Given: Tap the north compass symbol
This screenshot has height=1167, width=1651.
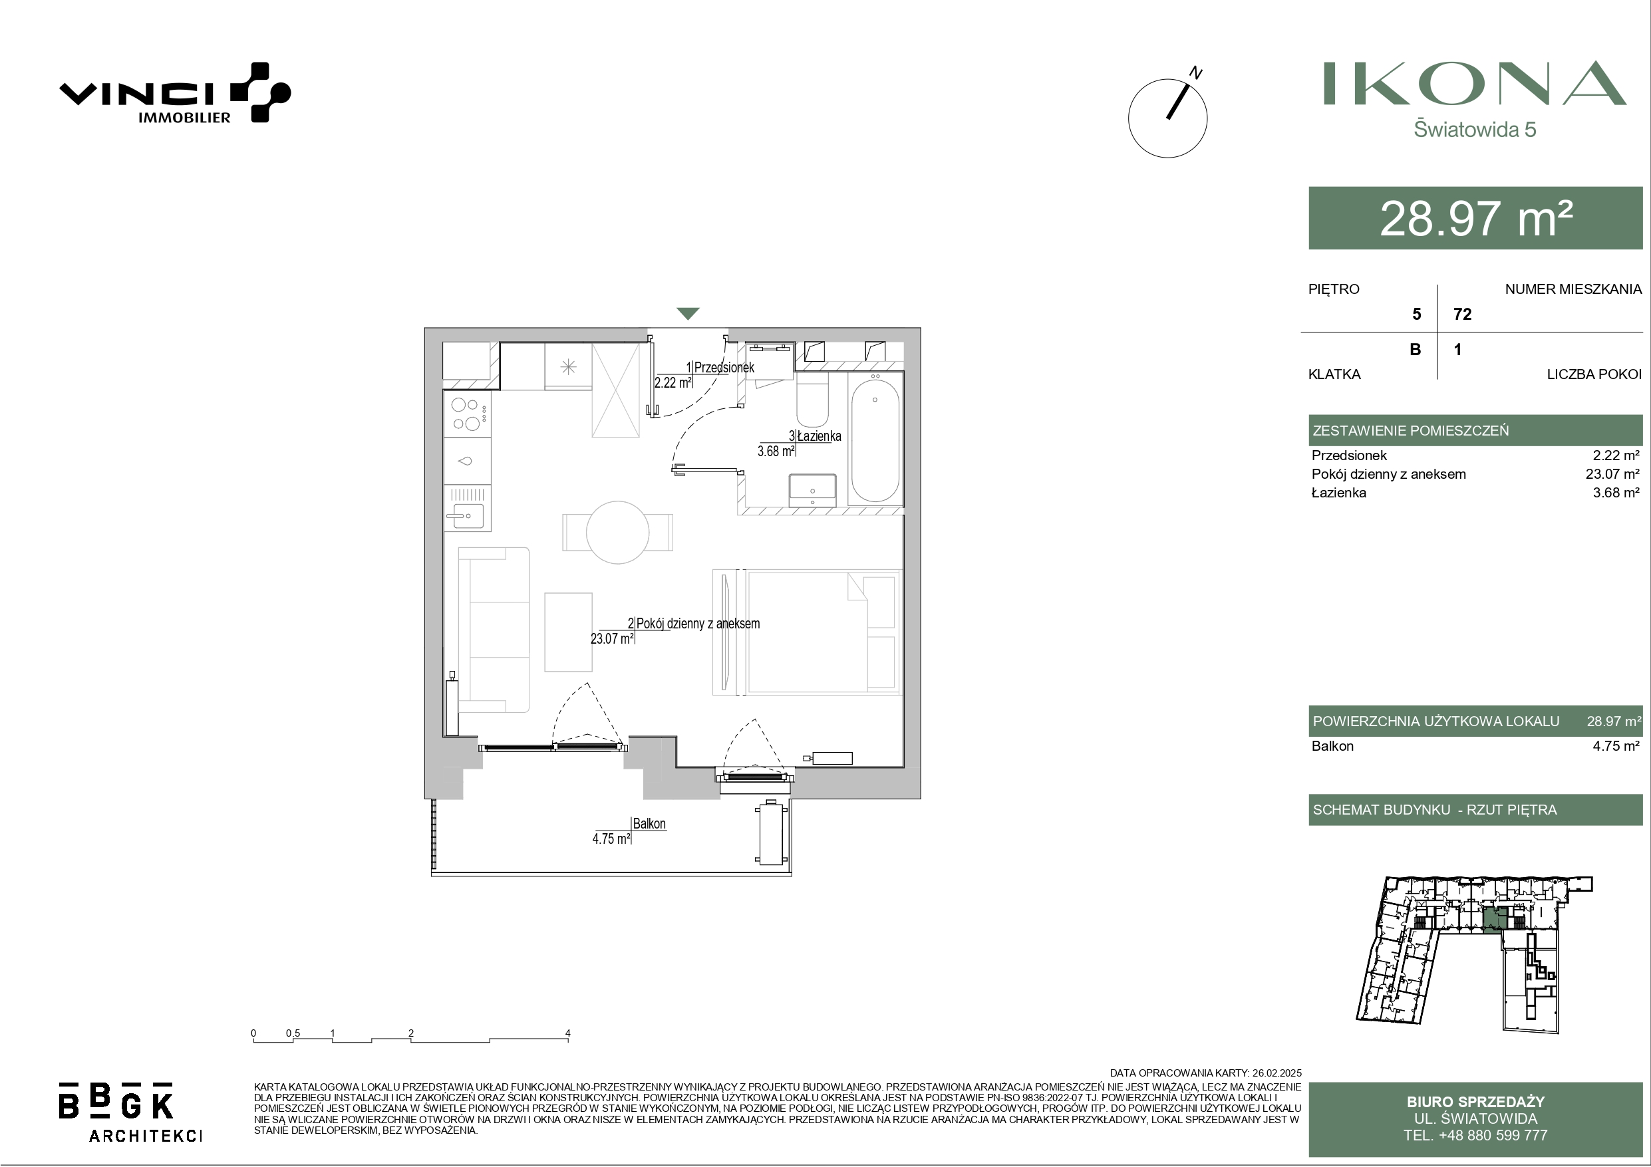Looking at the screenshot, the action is pyautogui.click(x=1168, y=115).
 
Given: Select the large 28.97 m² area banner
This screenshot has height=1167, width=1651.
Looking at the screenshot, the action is pyautogui.click(x=1475, y=218).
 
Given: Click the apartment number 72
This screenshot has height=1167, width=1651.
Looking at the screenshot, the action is pyautogui.click(x=1463, y=315).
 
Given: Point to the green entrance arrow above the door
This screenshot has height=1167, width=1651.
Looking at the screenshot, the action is pyautogui.click(x=688, y=313).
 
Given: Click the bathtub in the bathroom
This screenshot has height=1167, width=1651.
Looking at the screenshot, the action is pyautogui.click(x=875, y=439).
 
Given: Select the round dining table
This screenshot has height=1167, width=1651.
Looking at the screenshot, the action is pyautogui.click(x=618, y=532).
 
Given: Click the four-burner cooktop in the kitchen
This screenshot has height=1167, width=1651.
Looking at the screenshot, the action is pyautogui.click(x=468, y=414).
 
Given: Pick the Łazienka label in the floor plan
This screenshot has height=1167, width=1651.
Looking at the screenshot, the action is pyautogui.click(x=819, y=436).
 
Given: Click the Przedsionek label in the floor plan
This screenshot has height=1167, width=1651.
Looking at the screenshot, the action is pyautogui.click(x=724, y=368).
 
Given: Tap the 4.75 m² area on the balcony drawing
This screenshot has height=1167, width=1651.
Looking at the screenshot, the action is pyautogui.click(x=611, y=839).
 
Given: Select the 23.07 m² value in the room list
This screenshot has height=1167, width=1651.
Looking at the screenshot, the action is pyautogui.click(x=1612, y=474).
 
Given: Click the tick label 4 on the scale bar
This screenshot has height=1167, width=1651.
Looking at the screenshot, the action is pyautogui.click(x=567, y=1033).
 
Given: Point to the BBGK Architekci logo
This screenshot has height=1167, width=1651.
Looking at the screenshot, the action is pyautogui.click(x=130, y=1112).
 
